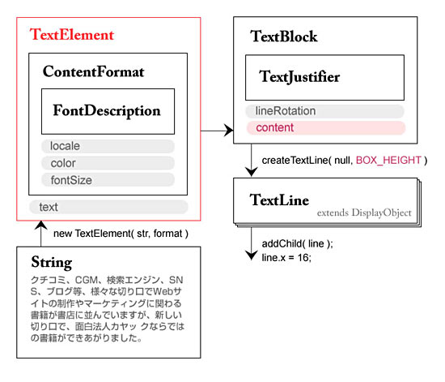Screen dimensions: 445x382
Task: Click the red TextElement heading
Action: pyautogui.click(x=72, y=35)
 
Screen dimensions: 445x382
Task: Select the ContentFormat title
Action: pyautogui.click(x=93, y=71)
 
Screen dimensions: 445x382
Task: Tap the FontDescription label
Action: pyautogui.click(x=107, y=111)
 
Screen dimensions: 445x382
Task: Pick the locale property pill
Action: pyautogui.click(x=108, y=146)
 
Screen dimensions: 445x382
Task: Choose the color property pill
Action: pyautogui.click(x=108, y=163)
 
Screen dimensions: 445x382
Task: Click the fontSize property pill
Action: pyautogui.click(x=108, y=180)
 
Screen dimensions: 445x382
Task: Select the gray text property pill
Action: pyautogui.click(x=108, y=207)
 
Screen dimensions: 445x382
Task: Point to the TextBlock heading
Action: pyautogui.click(x=284, y=36)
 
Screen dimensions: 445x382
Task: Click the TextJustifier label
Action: pyautogui.click(x=299, y=77)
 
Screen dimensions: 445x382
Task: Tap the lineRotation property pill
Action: pyautogui.click(x=324, y=111)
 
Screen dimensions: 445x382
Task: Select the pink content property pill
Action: pyautogui.click(x=326, y=127)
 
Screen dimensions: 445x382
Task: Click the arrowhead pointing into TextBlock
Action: pyautogui.click(x=228, y=131)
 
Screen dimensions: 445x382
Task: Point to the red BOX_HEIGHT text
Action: pyautogui.click(x=388, y=160)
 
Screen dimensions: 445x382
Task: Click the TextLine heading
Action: pyautogui.click(x=279, y=200)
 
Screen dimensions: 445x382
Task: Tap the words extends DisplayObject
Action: pyautogui.click(x=364, y=212)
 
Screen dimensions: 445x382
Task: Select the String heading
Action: pyautogui.click(x=51, y=263)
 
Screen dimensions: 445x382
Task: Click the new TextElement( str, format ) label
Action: pyautogui.click(x=121, y=234)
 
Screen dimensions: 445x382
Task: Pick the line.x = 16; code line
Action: pyautogui.click(x=286, y=258)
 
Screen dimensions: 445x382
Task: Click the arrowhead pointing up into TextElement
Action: pyautogui.click(x=41, y=225)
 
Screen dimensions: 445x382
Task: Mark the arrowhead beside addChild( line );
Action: pyautogui.click(x=251, y=255)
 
